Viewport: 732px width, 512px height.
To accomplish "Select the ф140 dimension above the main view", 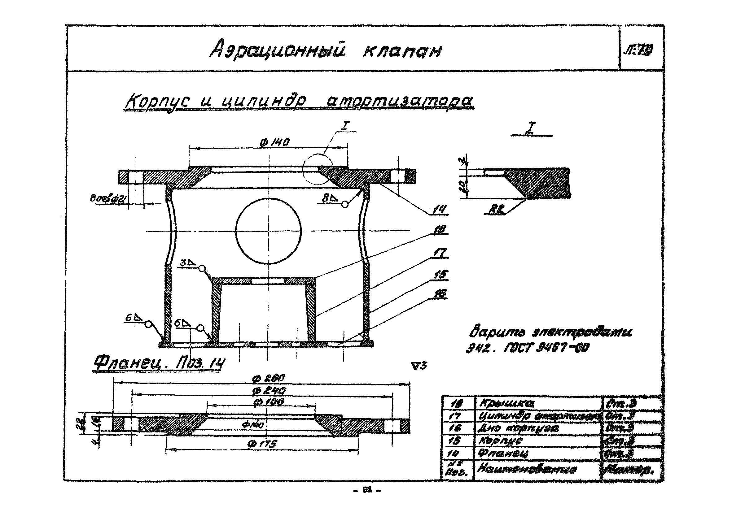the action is point(275,142).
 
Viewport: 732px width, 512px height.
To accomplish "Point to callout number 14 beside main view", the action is point(440,209).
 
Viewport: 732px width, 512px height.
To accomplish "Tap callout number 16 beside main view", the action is point(440,294).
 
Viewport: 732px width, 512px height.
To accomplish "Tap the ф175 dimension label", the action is point(264,444).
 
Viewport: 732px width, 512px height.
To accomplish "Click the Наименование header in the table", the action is point(527,469).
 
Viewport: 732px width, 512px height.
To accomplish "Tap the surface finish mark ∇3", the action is point(419,366).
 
